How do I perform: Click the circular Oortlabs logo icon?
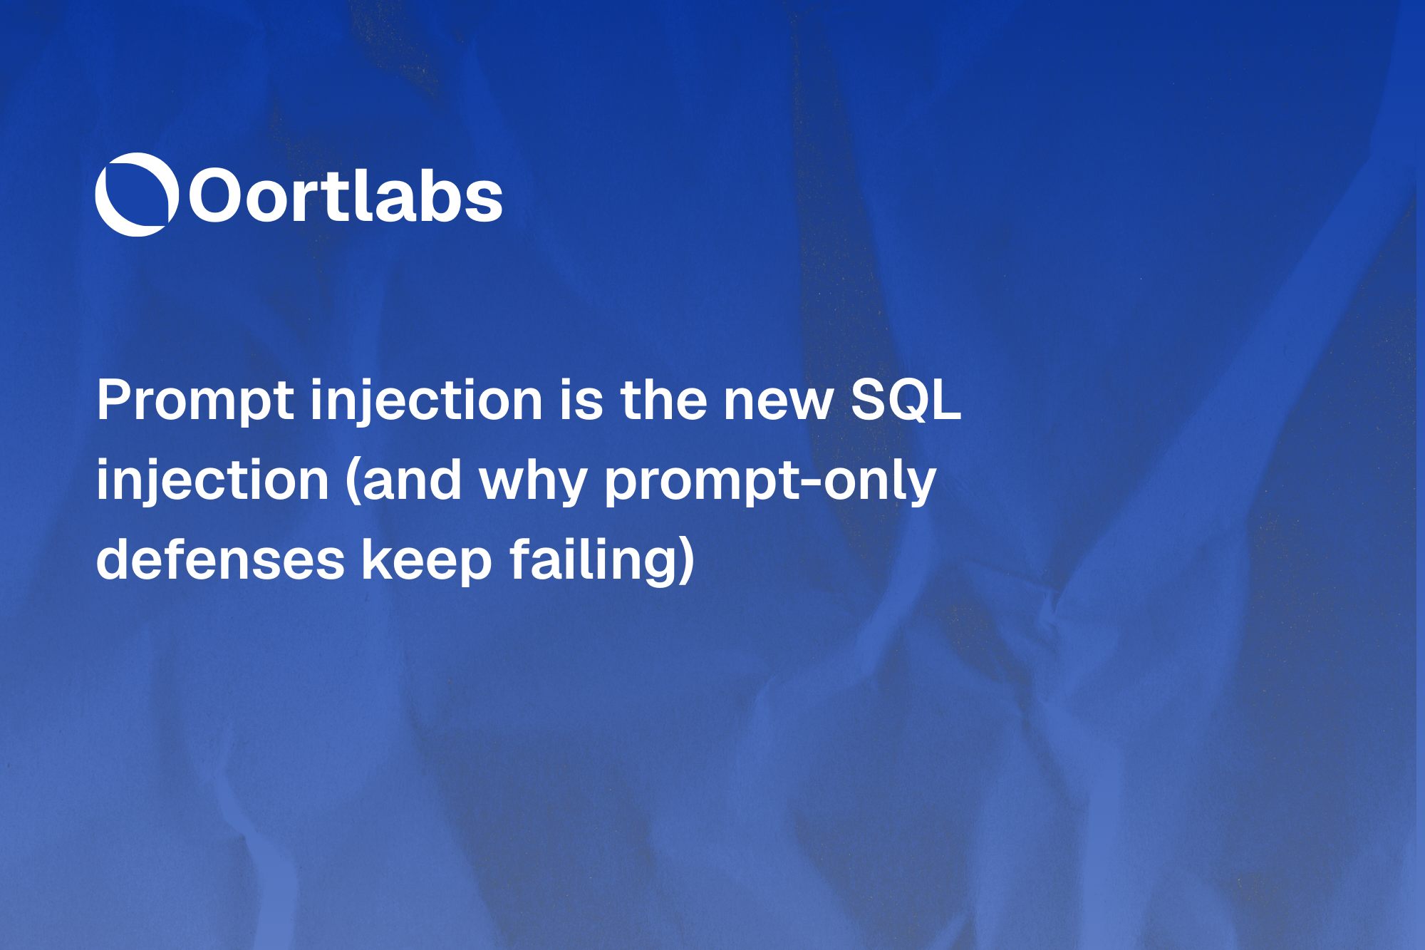pos(136,195)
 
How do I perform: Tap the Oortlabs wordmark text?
pos(346,196)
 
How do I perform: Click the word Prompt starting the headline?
pos(195,401)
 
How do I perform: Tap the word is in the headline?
pos(581,401)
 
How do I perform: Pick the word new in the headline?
pos(778,401)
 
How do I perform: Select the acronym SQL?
pos(906,400)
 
